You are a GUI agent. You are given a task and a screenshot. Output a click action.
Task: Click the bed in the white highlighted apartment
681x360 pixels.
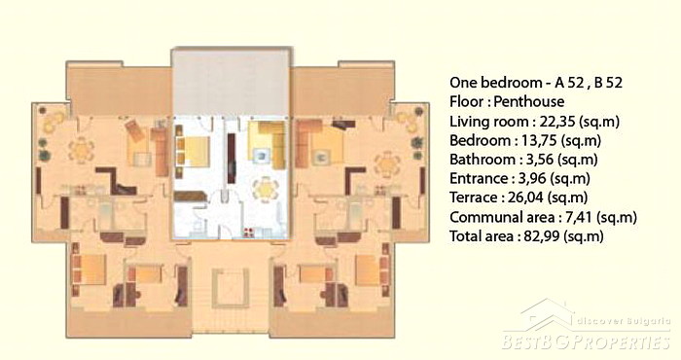pyautogui.click(x=193, y=151)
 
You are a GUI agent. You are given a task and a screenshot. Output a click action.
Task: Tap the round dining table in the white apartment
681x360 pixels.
pyautogui.click(x=265, y=190)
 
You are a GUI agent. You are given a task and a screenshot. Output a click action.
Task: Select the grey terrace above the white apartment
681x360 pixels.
pyautogui.click(x=231, y=82)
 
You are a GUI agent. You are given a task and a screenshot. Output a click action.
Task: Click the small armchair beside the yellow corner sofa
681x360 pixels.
pyautogui.click(x=262, y=156)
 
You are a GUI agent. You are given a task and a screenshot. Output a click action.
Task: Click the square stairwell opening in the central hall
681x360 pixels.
pyautogui.click(x=231, y=287)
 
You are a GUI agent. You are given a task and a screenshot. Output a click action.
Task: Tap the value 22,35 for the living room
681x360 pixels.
pyautogui.click(x=558, y=122)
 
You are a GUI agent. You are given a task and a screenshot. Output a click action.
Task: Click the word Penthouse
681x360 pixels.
pyautogui.click(x=529, y=101)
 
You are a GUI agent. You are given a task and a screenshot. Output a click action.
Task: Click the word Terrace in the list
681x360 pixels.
pyautogui.click(x=474, y=198)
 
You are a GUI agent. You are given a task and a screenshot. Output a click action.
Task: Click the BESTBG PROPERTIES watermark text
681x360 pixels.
pyautogui.click(x=586, y=342)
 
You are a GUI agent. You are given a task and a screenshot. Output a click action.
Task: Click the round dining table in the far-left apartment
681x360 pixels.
pyautogui.click(x=81, y=150)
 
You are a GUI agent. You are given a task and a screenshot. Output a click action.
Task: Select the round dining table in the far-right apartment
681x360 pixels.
pyautogui.click(x=386, y=164)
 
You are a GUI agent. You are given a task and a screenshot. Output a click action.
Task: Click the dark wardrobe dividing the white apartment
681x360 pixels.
pyautogui.click(x=232, y=158)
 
